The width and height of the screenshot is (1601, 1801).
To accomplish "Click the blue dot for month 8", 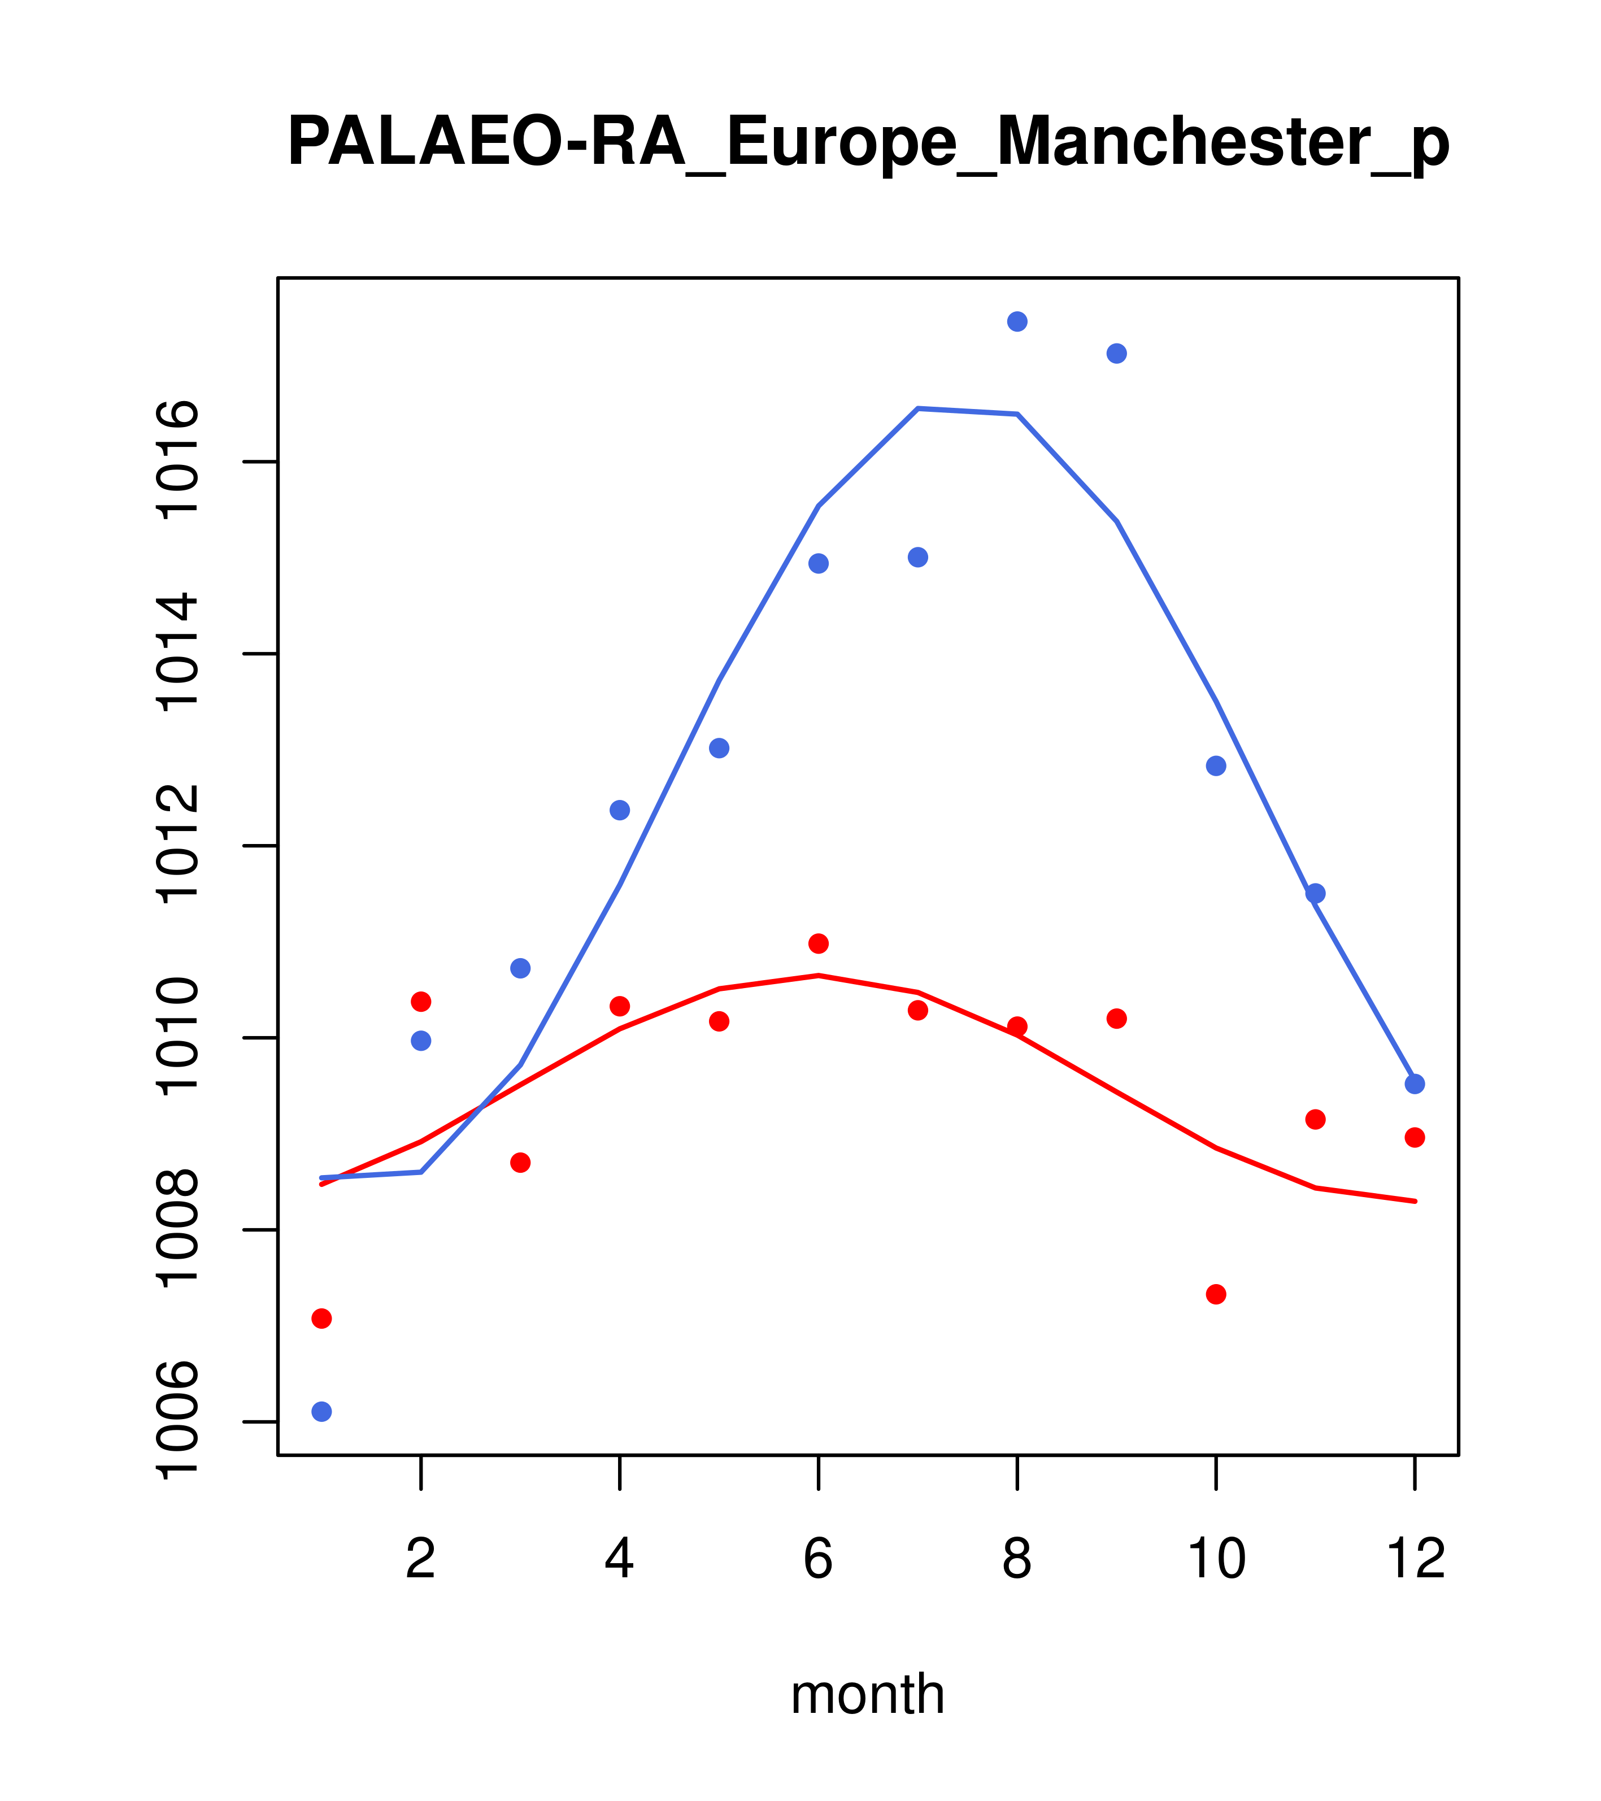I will [x=1017, y=321].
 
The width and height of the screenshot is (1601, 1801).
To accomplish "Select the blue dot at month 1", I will [x=321, y=1412].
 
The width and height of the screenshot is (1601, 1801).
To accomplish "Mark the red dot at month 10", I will [x=1216, y=1294].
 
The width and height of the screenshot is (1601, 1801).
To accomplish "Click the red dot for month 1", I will [x=321, y=1318].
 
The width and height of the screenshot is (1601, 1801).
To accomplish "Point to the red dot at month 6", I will [x=819, y=943].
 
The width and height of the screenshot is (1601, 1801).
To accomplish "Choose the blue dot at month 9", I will [x=1116, y=353].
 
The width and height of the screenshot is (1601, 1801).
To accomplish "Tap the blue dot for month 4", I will [x=620, y=810].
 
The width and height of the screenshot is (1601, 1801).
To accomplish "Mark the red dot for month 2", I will [x=421, y=1002].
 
